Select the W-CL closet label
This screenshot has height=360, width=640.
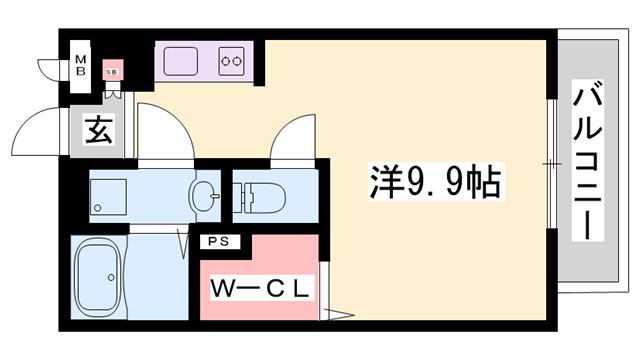tap(262, 288)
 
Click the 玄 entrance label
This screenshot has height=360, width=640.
tap(98, 130)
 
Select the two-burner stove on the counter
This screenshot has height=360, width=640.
tap(232, 60)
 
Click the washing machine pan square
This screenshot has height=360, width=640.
tap(108, 196)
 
